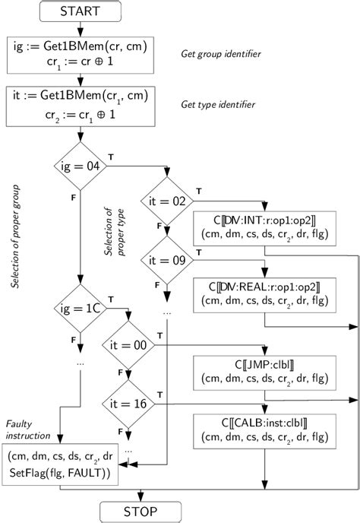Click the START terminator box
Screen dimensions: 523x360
click(79, 13)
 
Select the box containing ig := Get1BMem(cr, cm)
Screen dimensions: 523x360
click(79, 55)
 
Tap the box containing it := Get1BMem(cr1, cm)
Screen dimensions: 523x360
click(79, 106)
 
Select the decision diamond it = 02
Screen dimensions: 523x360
click(166, 201)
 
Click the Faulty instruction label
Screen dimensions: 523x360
click(29, 429)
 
